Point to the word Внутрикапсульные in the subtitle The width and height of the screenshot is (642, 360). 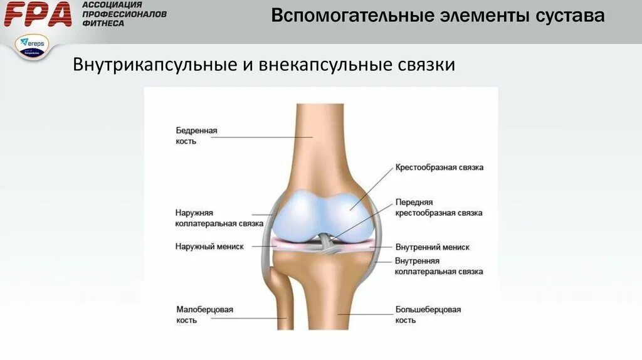pos(152,65)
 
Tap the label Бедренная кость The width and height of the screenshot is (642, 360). pos(196,136)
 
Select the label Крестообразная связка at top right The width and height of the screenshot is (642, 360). pos(439,168)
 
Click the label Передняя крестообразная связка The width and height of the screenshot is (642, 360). pos(438,208)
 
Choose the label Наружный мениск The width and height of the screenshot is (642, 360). pos(209,247)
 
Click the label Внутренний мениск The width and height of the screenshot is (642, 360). pos(432,247)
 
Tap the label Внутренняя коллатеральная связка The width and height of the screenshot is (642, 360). pos(438,266)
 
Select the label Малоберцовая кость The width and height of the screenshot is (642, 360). pos(204,315)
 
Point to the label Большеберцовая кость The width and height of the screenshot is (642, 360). pos(428,315)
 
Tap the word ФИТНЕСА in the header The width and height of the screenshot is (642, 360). pos(103,23)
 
